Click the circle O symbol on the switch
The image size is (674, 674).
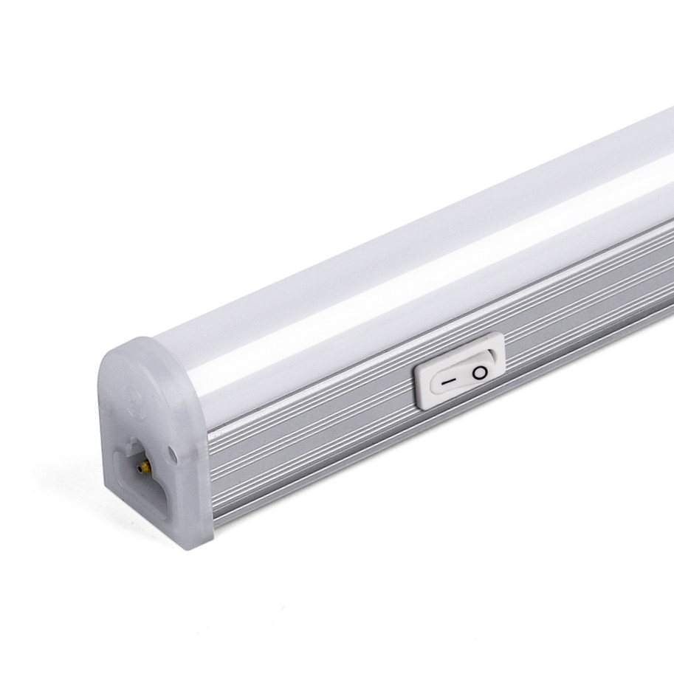[481, 373]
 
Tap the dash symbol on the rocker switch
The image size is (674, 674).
[447, 382]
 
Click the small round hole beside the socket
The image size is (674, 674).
[172, 448]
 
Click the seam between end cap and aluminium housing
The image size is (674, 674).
[207, 472]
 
